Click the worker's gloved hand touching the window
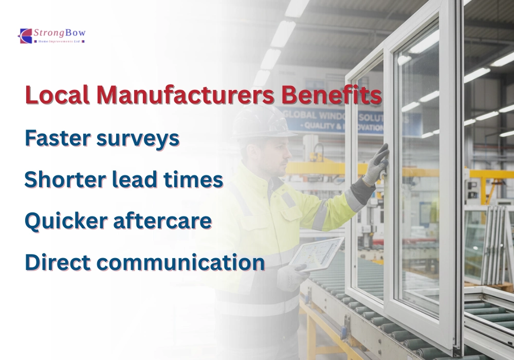coord(377,165)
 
